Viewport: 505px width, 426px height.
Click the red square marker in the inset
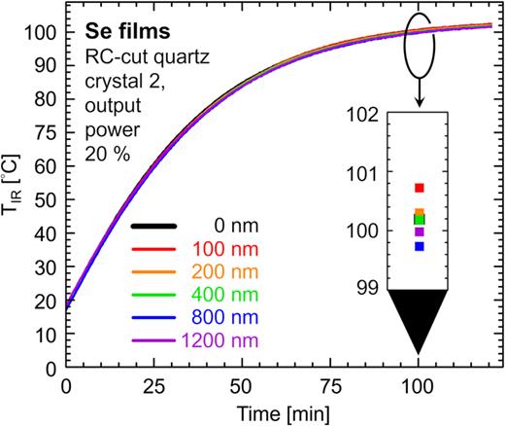point(420,188)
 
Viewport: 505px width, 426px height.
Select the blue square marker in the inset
point(420,246)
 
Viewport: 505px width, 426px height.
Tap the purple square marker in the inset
point(420,232)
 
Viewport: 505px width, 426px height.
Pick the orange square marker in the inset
point(420,212)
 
